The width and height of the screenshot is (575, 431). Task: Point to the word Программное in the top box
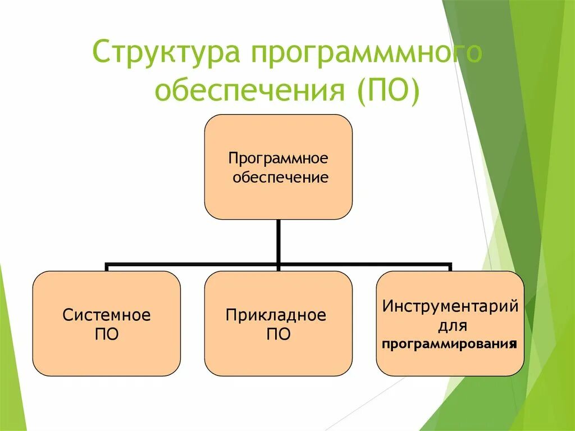(278, 157)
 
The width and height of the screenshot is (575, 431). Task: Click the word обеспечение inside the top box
(280, 178)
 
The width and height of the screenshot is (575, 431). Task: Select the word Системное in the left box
(107, 315)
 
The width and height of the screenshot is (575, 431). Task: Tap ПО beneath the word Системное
(107, 335)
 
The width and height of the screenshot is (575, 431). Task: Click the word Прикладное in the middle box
(276, 315)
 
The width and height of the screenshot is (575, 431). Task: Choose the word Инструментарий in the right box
(450, 307)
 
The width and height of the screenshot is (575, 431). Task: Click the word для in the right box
(450, 325)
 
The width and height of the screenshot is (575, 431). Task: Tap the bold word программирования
(449, 344)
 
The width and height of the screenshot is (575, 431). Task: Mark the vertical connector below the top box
(278, 241)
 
